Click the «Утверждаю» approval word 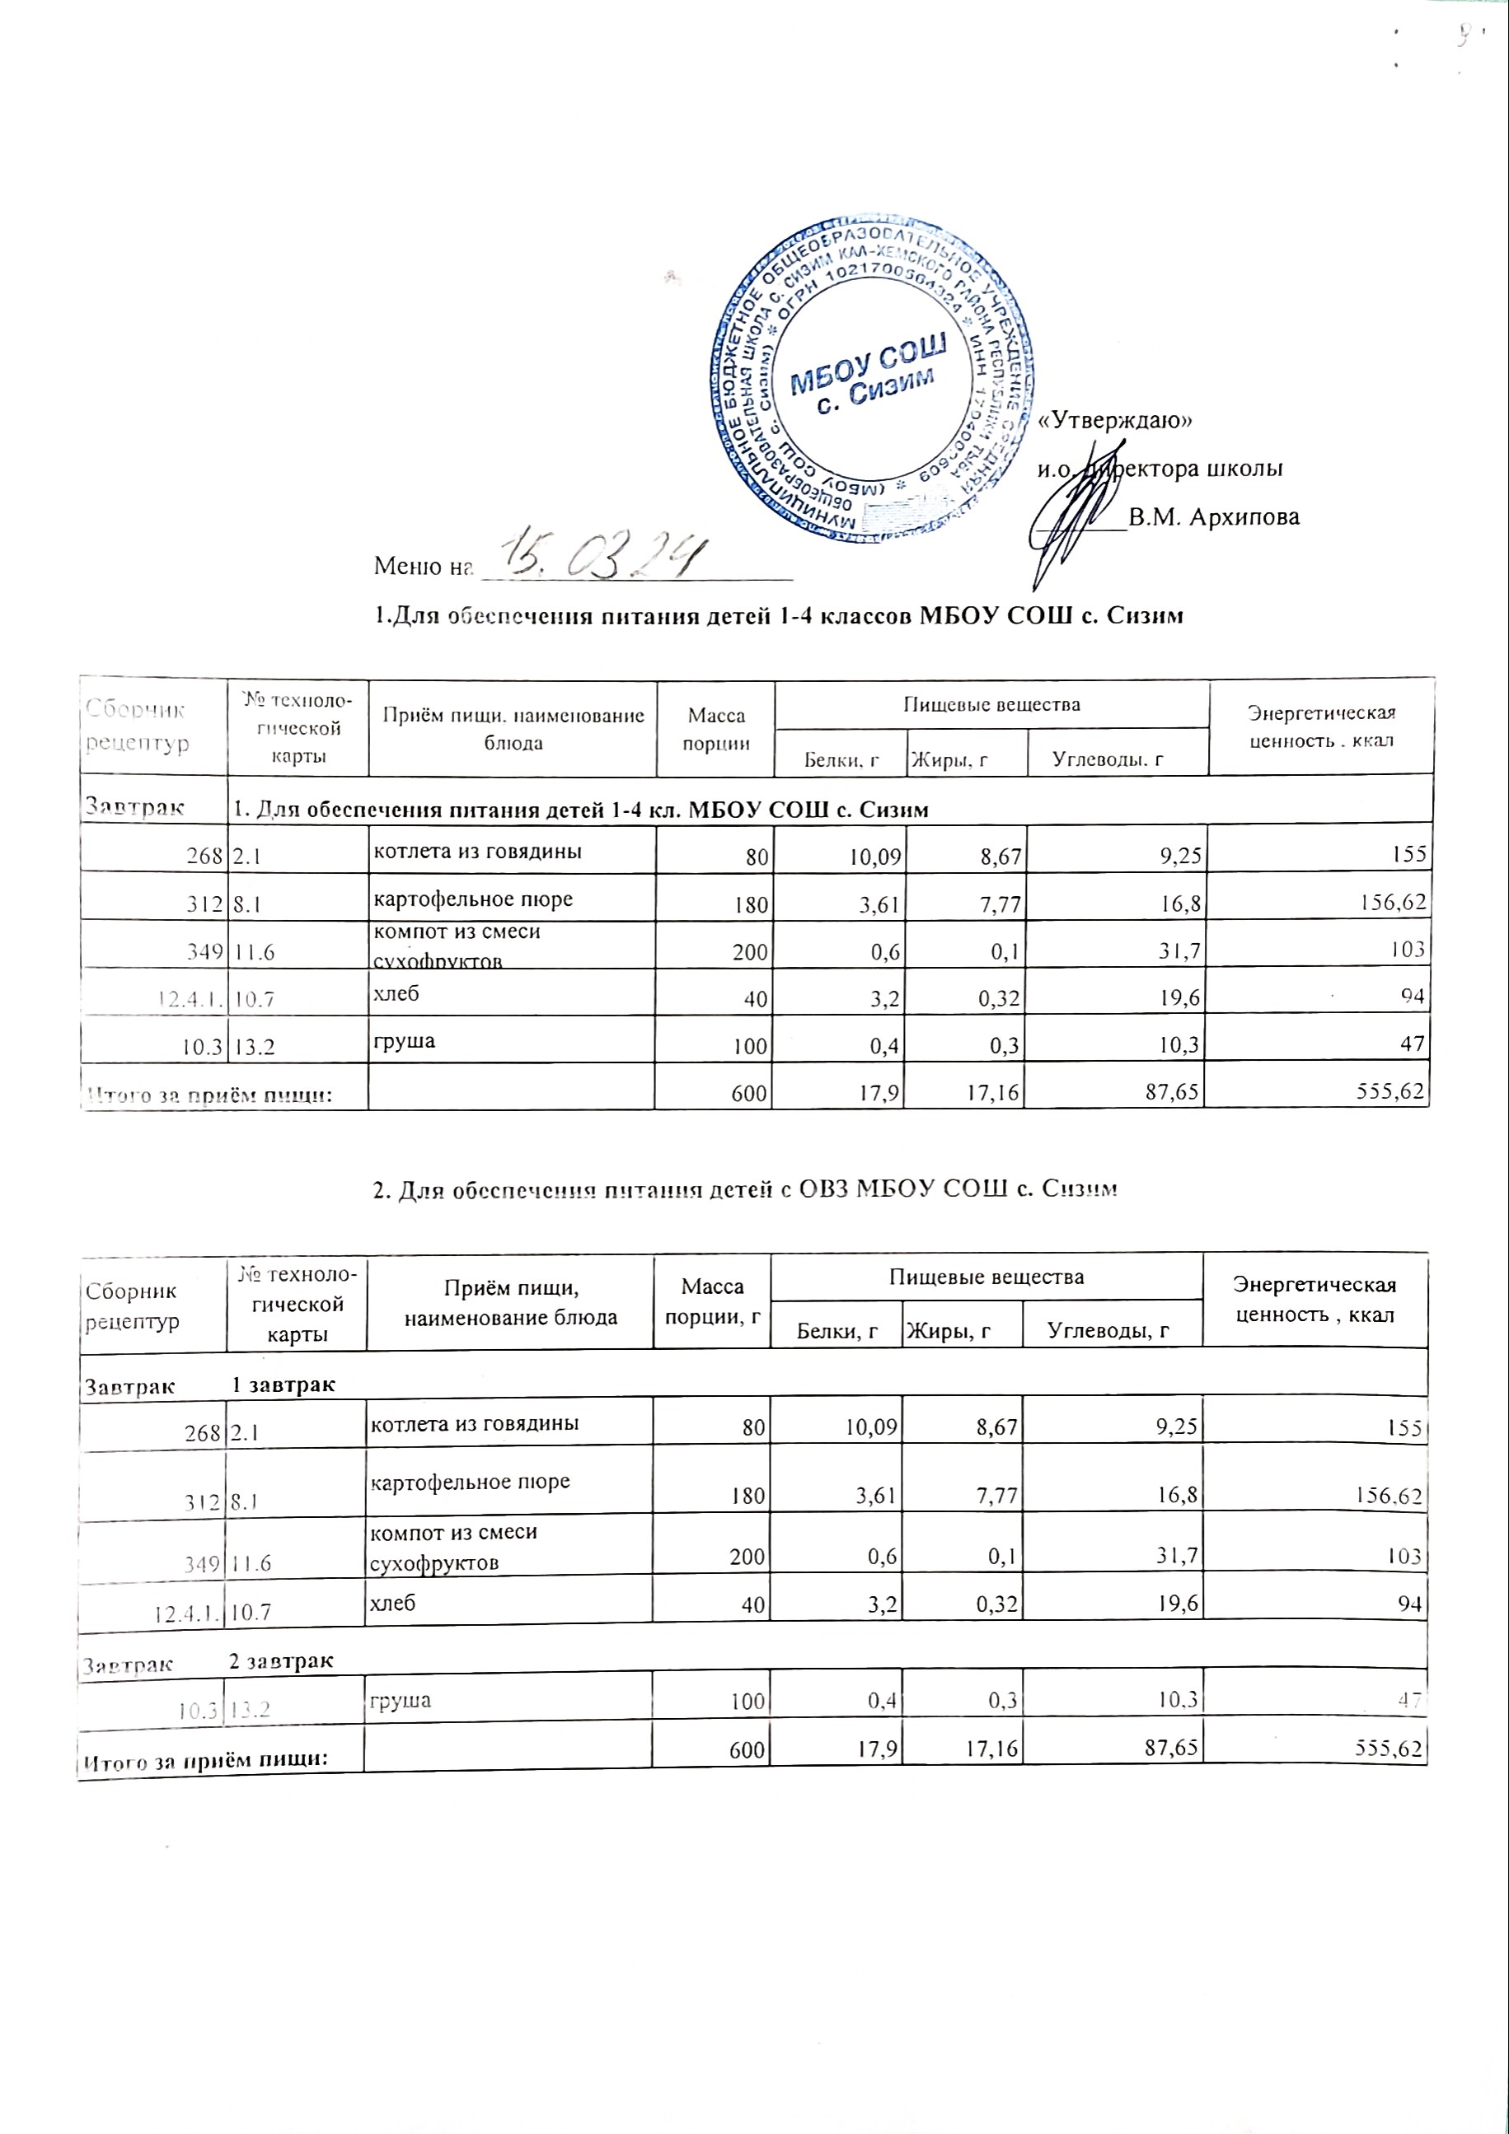point(1115,420)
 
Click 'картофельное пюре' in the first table point(472,899)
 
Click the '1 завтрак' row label point(283,1385)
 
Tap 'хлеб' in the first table point(395,993)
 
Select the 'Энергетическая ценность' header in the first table point(1321,726)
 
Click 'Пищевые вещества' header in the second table point(986,1277)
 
